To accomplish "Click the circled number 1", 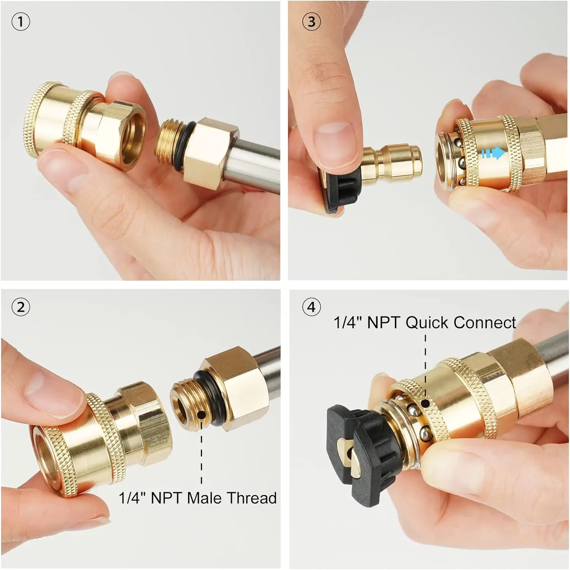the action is (21, 22).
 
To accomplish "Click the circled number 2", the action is (21, 307).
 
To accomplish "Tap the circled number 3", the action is (311, 22).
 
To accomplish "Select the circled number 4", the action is (311, 307).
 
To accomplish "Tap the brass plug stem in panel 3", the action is (391, 164).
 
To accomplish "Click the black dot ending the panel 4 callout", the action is (426, 403).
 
